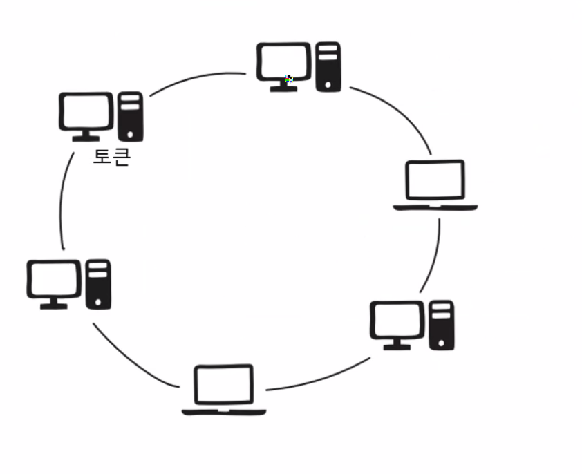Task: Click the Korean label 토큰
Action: click(111, 158)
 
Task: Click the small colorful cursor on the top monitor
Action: click(289, 79)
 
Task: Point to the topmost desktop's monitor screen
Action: click(283, 61)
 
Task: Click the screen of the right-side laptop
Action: click(435, 180)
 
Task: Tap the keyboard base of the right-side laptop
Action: click(435, 207)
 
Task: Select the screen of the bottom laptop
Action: click(223, 384)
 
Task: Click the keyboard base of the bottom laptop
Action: click(223, 412)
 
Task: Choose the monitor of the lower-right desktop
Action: click(397, 321)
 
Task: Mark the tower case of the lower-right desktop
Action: click(441, 324)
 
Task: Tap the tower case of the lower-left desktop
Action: click(98, 283)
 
